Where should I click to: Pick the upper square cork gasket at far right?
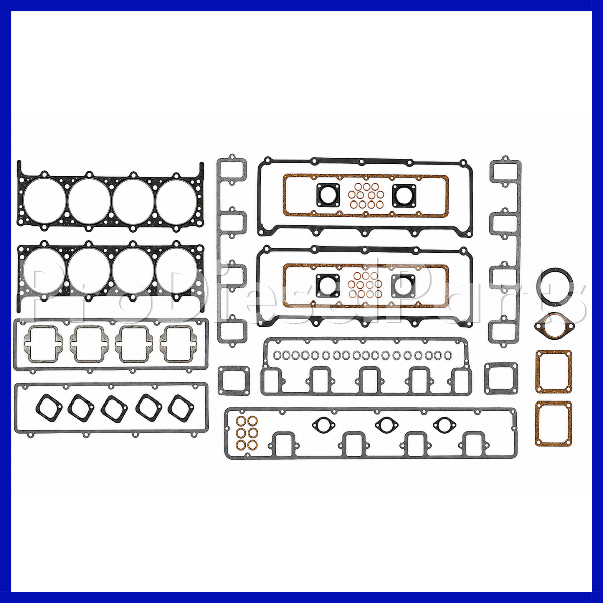click(538, 371)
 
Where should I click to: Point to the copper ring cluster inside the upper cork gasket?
click(366, 196)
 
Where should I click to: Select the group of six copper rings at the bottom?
click(247, 433)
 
